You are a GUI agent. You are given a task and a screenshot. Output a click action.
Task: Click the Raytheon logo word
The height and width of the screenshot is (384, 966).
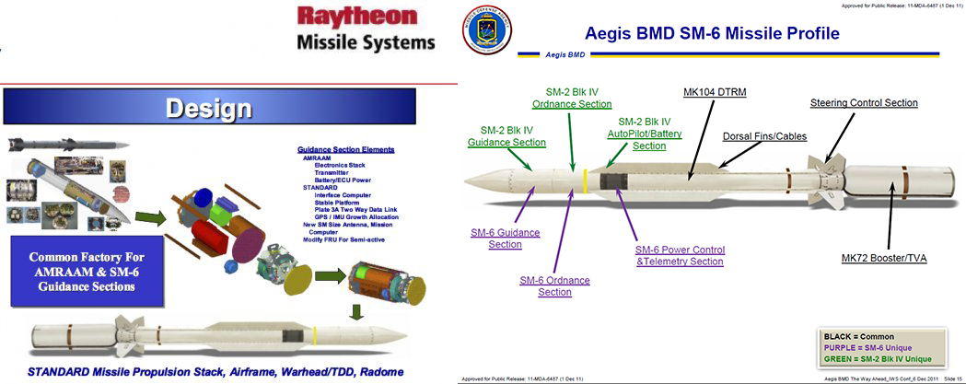(x=365, y=19)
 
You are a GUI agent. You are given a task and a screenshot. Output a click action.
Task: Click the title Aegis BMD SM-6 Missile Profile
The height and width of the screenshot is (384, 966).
(x=712, y=35)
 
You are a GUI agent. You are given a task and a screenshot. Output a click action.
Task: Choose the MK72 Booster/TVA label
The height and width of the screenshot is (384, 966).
(x=883, y=259)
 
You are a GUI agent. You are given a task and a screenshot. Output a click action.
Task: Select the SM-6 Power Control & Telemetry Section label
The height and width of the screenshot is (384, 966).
(x=680, y=256)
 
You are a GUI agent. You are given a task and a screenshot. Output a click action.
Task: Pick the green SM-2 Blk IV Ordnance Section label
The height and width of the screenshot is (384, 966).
(x=571, y=98)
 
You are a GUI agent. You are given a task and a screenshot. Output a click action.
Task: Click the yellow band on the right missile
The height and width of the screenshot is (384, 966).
(x=585, y=180)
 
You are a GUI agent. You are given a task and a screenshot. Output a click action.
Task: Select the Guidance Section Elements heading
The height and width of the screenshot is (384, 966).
(x=345, y=149)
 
